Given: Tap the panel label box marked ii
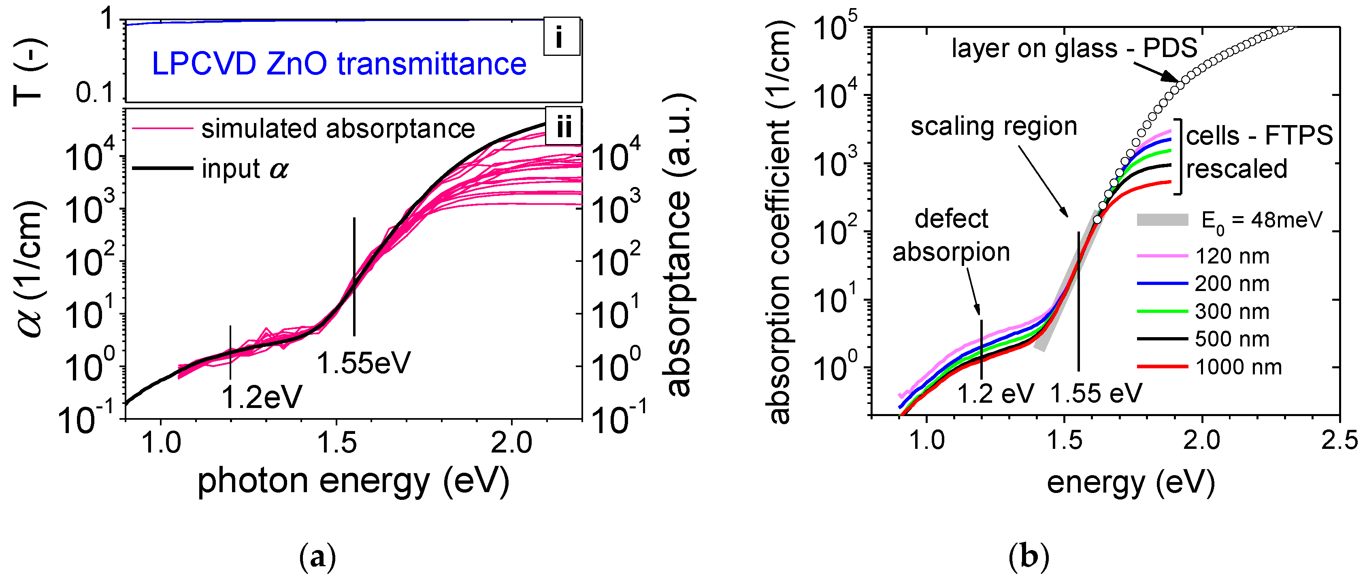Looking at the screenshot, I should (563, 127).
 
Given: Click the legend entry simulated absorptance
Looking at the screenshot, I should (338, 129).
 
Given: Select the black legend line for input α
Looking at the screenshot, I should (162, 168).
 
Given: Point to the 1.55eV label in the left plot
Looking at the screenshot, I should (364, 363).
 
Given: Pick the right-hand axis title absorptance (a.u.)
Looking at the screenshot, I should (679, 245).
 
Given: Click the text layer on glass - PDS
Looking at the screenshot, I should (1074, 49).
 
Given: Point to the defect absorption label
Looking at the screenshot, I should (951, 235).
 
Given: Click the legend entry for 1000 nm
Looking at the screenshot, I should (1238, 367).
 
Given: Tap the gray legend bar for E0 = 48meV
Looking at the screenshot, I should (1163, 220).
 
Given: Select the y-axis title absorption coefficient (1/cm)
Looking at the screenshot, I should (779, 223).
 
